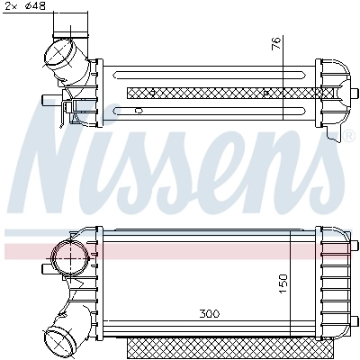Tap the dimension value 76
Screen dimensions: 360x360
click(277, 42)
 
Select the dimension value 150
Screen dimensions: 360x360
click(283, 282)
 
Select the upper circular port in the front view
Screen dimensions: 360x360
click(67, 258)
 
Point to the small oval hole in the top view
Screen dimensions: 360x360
click(138, 110)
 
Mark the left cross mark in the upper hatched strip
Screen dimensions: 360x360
click(154, 93)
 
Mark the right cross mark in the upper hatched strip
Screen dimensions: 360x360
click(269, 93)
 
